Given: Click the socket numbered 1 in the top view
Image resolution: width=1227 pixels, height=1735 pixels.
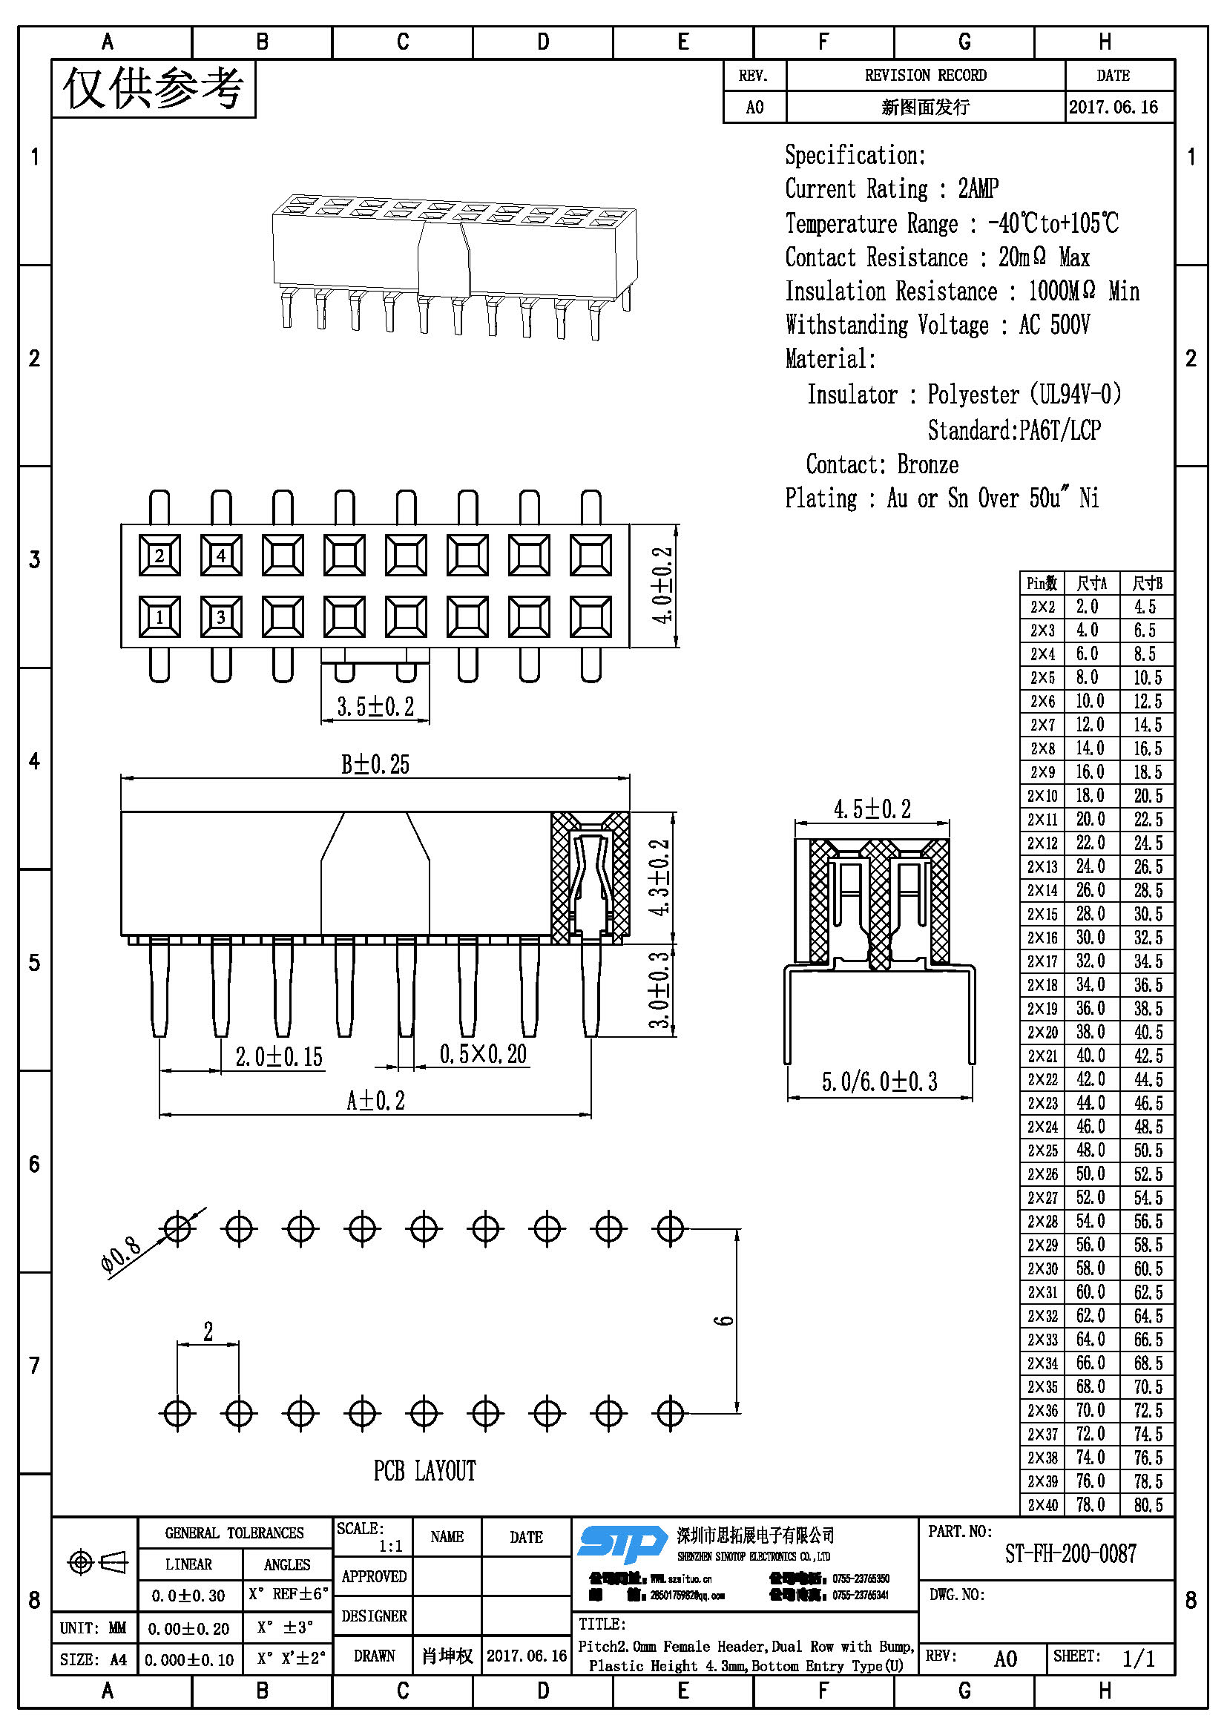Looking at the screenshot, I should pos(159,616).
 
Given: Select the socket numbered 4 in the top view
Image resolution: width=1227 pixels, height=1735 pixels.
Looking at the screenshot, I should pos(221,556).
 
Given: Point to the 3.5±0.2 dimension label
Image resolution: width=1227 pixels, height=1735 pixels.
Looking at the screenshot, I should pos(375,707).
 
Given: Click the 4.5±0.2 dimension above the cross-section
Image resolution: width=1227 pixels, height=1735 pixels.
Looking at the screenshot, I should pos(872,809).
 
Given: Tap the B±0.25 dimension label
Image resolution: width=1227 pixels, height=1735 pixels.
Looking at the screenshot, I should pos(375,764).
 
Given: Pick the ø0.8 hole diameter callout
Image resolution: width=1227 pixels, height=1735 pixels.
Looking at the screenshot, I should pos(121,1255).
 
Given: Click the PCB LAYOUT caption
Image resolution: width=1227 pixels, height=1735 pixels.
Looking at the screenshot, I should pos(424,1470).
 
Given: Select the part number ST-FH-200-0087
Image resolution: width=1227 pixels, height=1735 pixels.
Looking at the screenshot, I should pos(1070,1554).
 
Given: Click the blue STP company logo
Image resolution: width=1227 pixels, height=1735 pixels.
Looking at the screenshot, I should pos(622,1543).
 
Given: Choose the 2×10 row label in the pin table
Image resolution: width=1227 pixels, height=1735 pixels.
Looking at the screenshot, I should pos(1042,796).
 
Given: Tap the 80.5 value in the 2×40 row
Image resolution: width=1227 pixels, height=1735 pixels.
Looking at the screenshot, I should pos(1148,1504).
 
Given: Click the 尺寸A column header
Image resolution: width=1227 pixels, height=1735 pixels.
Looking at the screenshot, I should pos(1091,582).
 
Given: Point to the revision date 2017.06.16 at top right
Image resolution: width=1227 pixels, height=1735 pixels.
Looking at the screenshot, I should pos(1113,107).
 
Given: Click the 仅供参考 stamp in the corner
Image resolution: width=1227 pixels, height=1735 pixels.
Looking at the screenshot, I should pos(154,88).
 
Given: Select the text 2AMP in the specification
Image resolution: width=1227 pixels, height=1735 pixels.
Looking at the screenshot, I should pos(978,188).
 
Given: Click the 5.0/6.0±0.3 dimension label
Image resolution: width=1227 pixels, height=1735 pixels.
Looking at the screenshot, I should pos(880,1082).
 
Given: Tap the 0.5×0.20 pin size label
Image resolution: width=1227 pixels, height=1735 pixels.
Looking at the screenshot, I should pos(483,1053).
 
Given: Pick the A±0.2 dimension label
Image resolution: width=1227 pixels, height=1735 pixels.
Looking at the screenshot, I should pos(375,1100).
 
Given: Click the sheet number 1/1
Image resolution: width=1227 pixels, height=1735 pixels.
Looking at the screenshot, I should pos(1138,1658).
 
